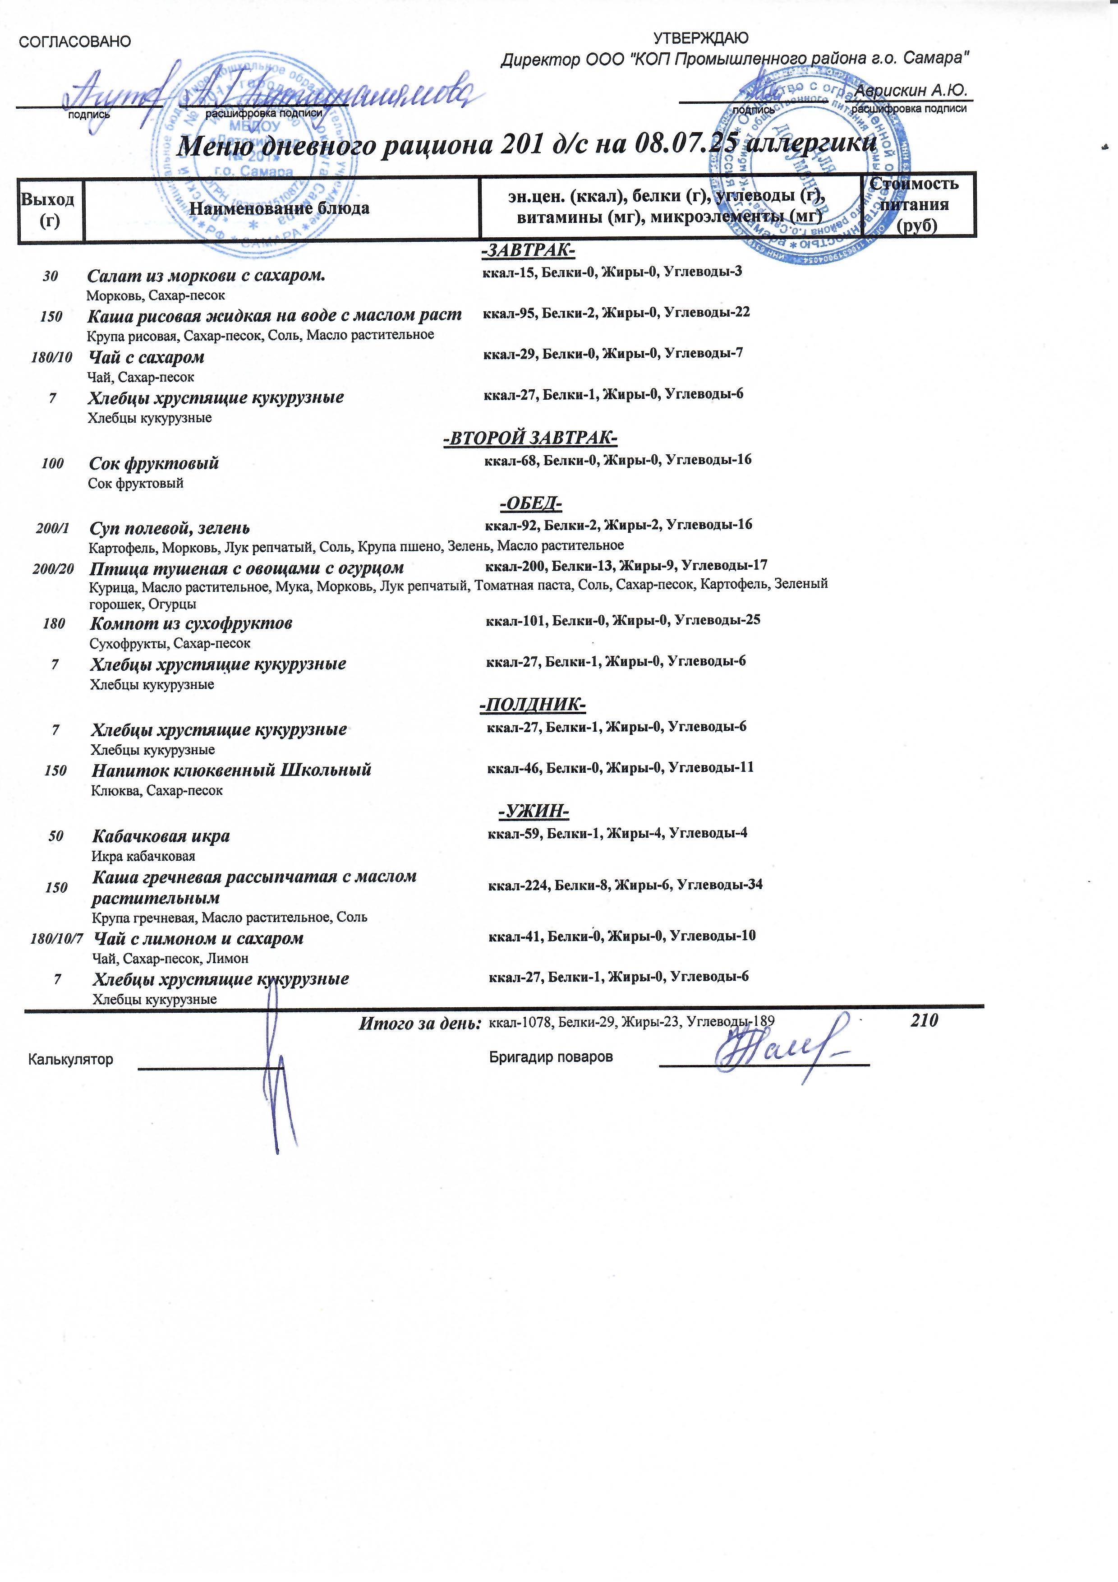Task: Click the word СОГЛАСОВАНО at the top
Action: [x=74, y=42]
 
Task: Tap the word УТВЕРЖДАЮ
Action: [x=700, y=38]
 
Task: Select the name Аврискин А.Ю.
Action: [x=911, y=90]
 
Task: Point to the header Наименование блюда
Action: [x=280, y=208]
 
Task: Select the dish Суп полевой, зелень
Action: [x=170, y=529]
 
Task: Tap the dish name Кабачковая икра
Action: [x=161, y=836]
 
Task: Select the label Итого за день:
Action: [x=419, y=1024]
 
